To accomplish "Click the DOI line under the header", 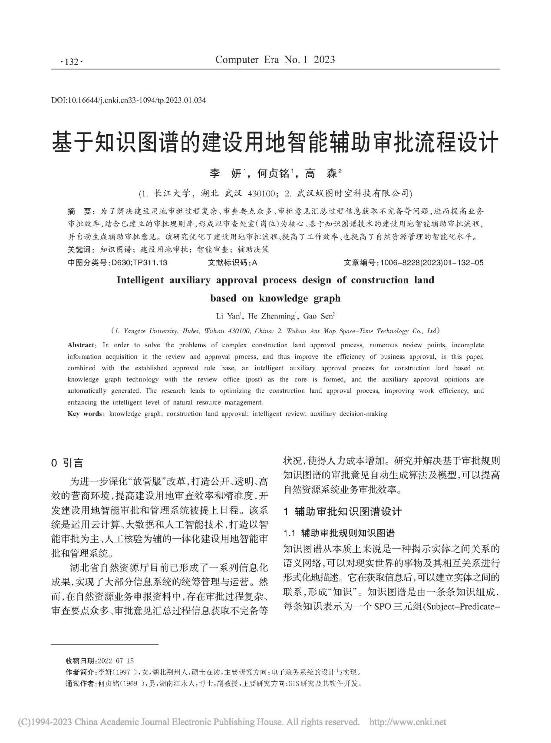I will pos(129,100).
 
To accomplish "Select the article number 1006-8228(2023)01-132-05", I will pos(431,262).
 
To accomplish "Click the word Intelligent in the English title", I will pos(140,280).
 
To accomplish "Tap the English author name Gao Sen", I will pos(318,316).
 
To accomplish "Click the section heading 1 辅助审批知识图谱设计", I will pos(343,511).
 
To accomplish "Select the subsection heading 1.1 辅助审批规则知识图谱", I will pos(339,533).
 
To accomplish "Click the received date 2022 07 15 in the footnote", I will pos(116,661).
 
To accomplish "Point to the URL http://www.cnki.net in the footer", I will pos(407,722).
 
